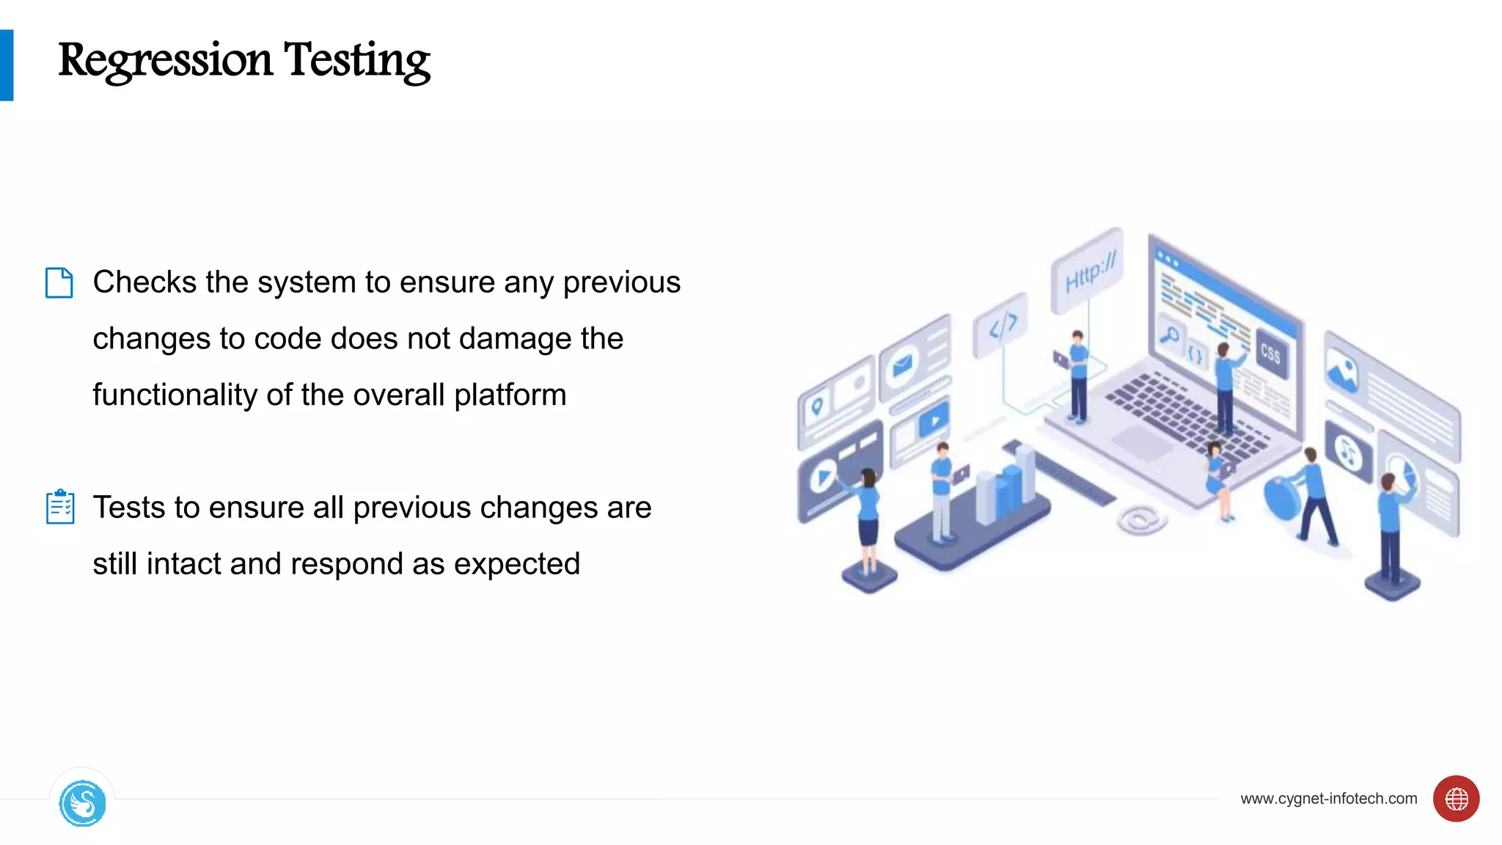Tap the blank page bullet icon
point(59,282)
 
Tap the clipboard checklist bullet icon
point(59,507)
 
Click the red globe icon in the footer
point(1456,798)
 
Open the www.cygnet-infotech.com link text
point(1328,798)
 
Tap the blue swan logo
point(82,803)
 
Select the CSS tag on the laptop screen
point(1271,354)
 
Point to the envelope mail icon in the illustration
point(903,363)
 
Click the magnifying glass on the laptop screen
point(1169,334)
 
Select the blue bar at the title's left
point(7,65)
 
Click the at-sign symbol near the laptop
point(1140,519)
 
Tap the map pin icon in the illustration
point(816,406)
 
